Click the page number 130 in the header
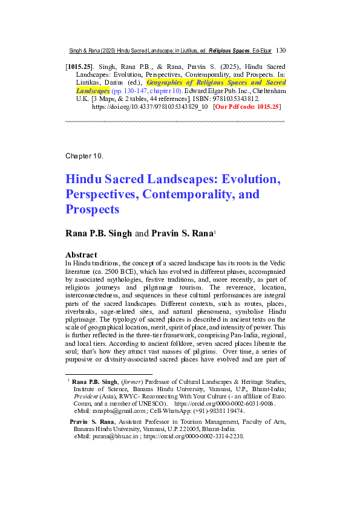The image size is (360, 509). [x=281, y=51]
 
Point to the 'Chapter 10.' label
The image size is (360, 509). [x=84, y=156]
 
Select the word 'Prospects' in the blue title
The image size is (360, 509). [x=93, y=210]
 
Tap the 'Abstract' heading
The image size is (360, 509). [x=83, y=254]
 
